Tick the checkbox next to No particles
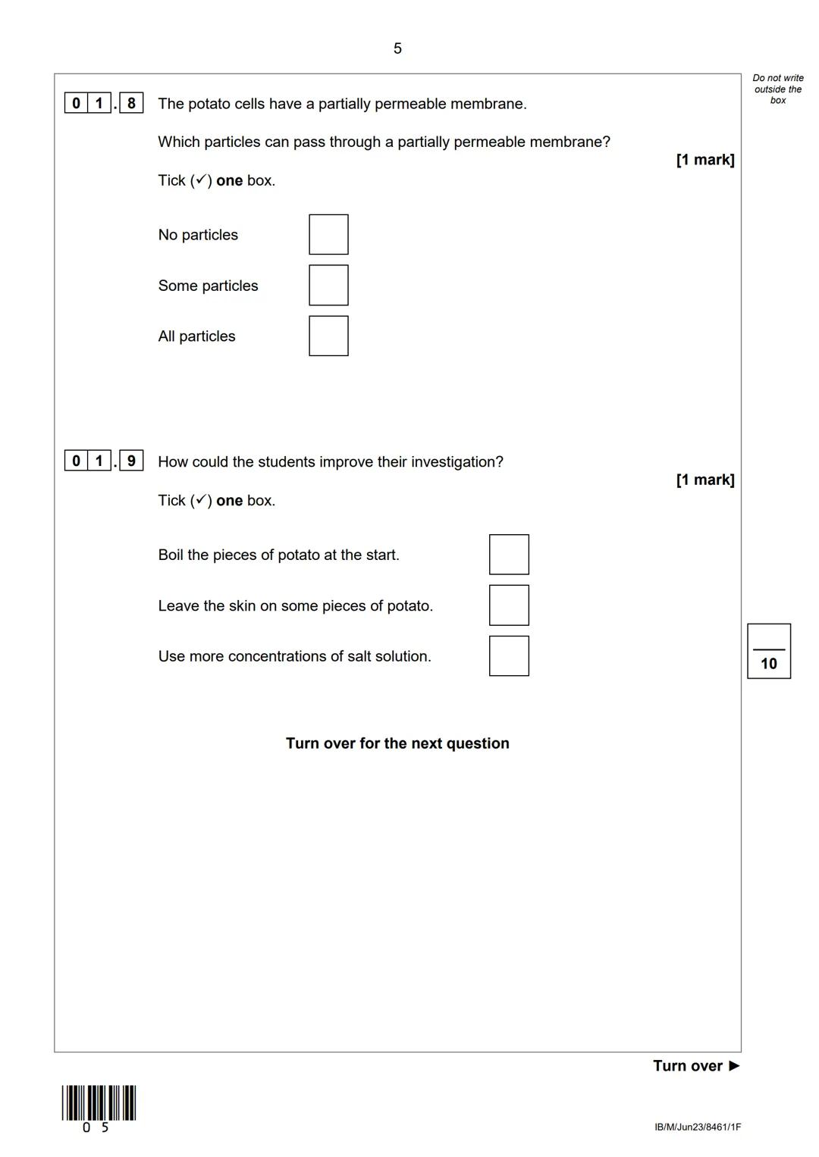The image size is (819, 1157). click(328, 234)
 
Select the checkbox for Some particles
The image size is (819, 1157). click(328, 285)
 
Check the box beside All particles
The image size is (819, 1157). click(328, 336)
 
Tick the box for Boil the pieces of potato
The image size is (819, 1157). click(509, 555)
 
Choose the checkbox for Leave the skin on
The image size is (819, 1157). click(509, 605)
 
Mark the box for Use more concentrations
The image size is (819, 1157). click(509, 656)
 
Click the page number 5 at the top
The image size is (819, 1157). click(397, 48)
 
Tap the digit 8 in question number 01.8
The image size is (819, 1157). click(131, 103)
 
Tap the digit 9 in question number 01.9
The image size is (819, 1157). click(131, 461)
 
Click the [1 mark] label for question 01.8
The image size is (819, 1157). click(705, 160)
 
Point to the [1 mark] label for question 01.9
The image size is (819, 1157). click(705, 480)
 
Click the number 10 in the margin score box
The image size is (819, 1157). click(768, 664)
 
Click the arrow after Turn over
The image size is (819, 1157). click(734, 1065)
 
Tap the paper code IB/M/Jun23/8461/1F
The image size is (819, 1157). click(698, 1127)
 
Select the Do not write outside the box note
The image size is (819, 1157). click(778, 89)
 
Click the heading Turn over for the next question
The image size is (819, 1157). click(397, 743)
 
